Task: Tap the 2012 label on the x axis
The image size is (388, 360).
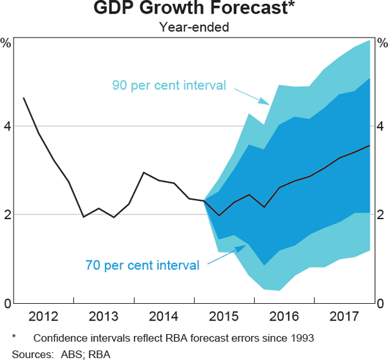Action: click(44, 317)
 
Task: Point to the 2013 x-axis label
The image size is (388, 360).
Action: click(104, 317)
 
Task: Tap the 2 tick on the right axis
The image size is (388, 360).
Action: click(382, 215)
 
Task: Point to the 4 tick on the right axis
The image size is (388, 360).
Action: click(382, 127)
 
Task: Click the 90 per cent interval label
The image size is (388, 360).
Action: click(169, 85)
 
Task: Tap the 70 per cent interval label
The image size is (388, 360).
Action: click(142, 264)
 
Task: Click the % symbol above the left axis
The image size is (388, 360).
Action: click(6, 44)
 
